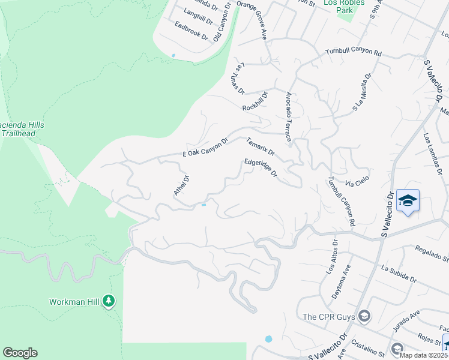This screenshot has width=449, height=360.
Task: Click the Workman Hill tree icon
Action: (x=109, y=300)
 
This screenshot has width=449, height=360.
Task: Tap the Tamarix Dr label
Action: (x=260, y=146)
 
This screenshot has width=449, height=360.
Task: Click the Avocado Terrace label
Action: (x=289, y=117)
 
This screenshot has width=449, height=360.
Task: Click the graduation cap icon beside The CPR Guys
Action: (x=363, y=316)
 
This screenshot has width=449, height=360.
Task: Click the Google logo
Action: (x=20, y=353)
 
